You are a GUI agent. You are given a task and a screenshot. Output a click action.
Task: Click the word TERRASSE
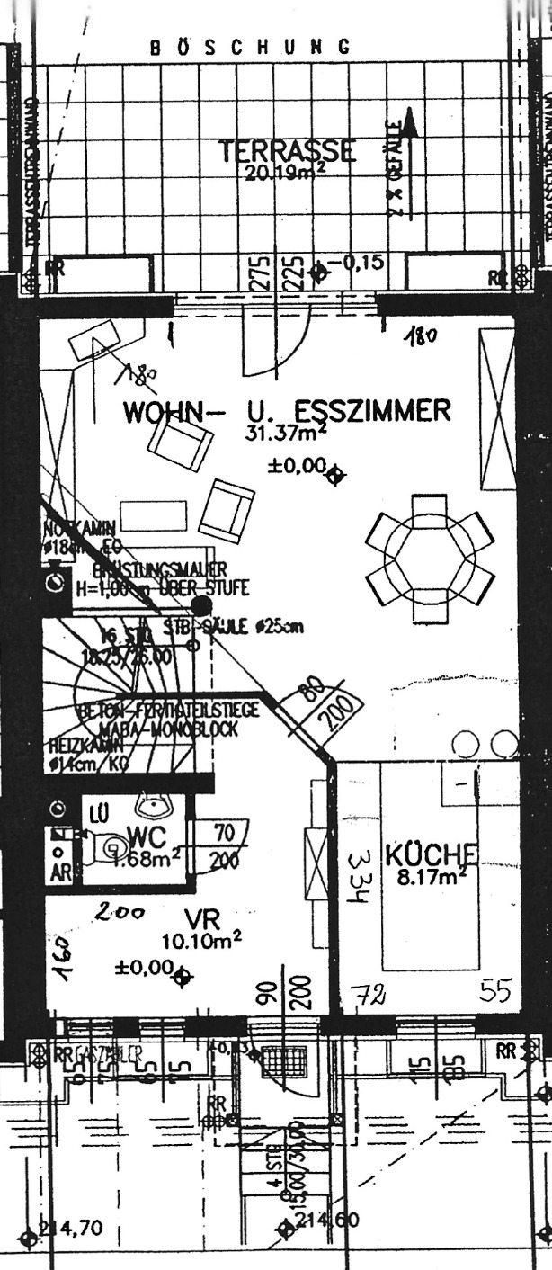(288, 151)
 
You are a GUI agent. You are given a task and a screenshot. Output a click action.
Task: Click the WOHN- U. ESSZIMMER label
(287, 412)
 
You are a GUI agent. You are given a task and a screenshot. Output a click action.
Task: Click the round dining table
(430, 559)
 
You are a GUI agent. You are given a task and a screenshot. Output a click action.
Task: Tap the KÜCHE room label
(432, 854)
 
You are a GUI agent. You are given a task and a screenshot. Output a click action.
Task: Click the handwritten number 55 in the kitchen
(495, 991)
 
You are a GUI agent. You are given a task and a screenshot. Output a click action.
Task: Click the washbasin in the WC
(148, 803)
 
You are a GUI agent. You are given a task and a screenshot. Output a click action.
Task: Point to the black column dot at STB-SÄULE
(201, 608)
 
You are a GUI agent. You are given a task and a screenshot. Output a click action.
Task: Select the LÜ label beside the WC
(98, 815)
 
